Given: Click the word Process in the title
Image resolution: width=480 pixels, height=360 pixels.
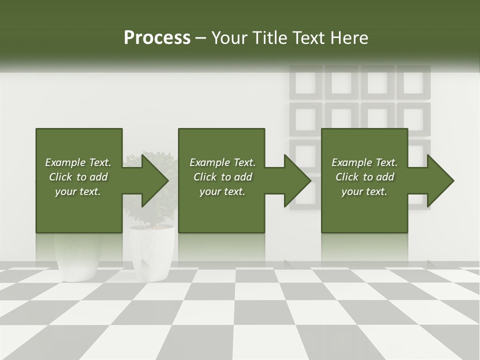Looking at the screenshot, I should [x=157, y=38].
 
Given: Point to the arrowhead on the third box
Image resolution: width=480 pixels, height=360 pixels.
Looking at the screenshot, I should [x=440, y=180].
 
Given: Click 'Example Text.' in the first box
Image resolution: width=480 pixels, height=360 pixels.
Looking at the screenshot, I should [x=78, y=162].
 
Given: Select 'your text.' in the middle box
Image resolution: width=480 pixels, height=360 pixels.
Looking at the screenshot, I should [x=222, y=191].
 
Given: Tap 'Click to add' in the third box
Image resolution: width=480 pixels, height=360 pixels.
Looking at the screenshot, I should [x=364, y=177].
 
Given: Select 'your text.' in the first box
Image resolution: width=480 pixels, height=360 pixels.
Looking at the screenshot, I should [x=78, y=191].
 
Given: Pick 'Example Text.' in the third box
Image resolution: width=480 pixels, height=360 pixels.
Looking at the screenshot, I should [x=364, y=162].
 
